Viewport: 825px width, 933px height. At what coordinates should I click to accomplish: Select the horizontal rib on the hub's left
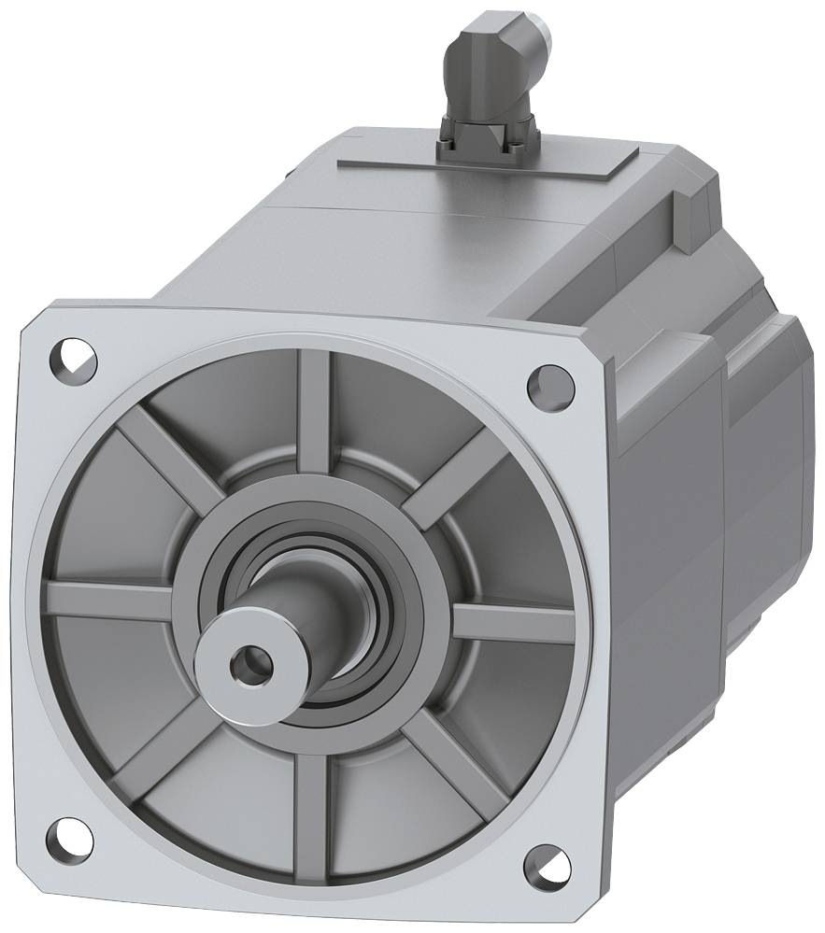coord(107,598)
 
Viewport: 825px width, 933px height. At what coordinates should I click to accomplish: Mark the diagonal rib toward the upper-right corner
coord(448,476)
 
